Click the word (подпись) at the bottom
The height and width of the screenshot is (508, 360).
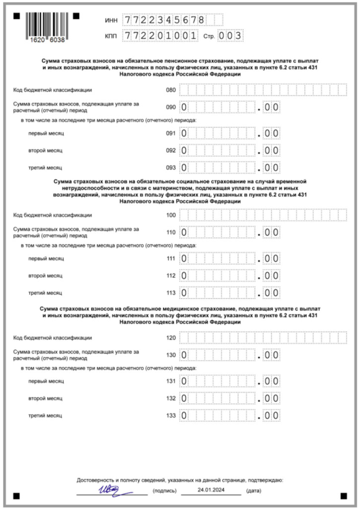click(x=164, y=491)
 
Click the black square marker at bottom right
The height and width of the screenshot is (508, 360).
click(x=343, y=496)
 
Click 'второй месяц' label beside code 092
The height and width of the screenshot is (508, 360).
click(x=45, y=150)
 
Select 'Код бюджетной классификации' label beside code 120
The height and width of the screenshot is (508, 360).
click(x=53, y=338)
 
